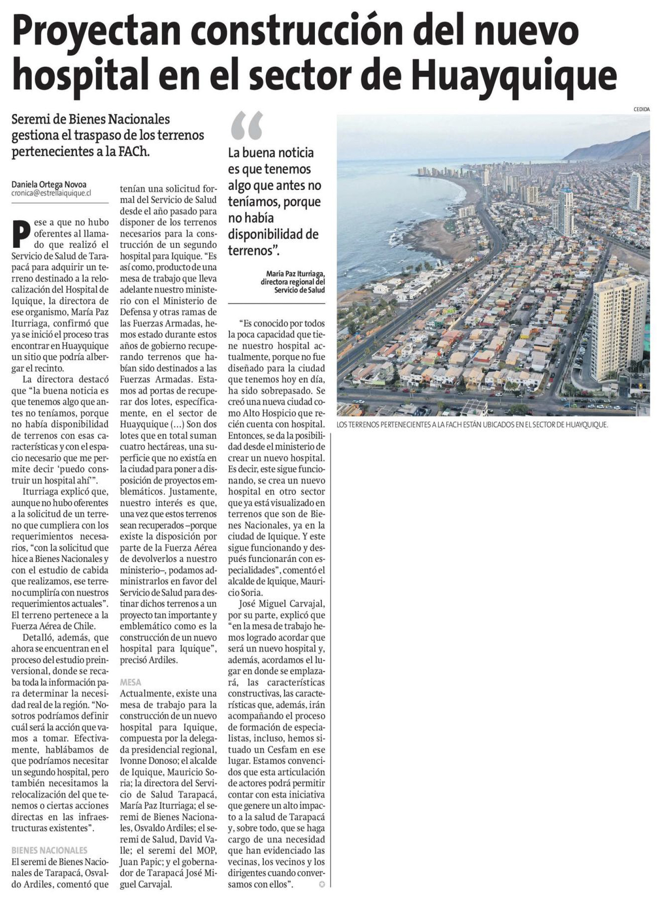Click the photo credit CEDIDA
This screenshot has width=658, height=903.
click(641, 109)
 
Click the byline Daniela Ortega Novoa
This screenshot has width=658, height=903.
click(49, 184)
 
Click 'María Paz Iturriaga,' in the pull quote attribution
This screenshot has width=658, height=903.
click(296, 274)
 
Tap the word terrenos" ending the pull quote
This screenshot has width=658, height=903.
click(253, 251)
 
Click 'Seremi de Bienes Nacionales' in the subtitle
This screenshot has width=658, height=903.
click(91, 119)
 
